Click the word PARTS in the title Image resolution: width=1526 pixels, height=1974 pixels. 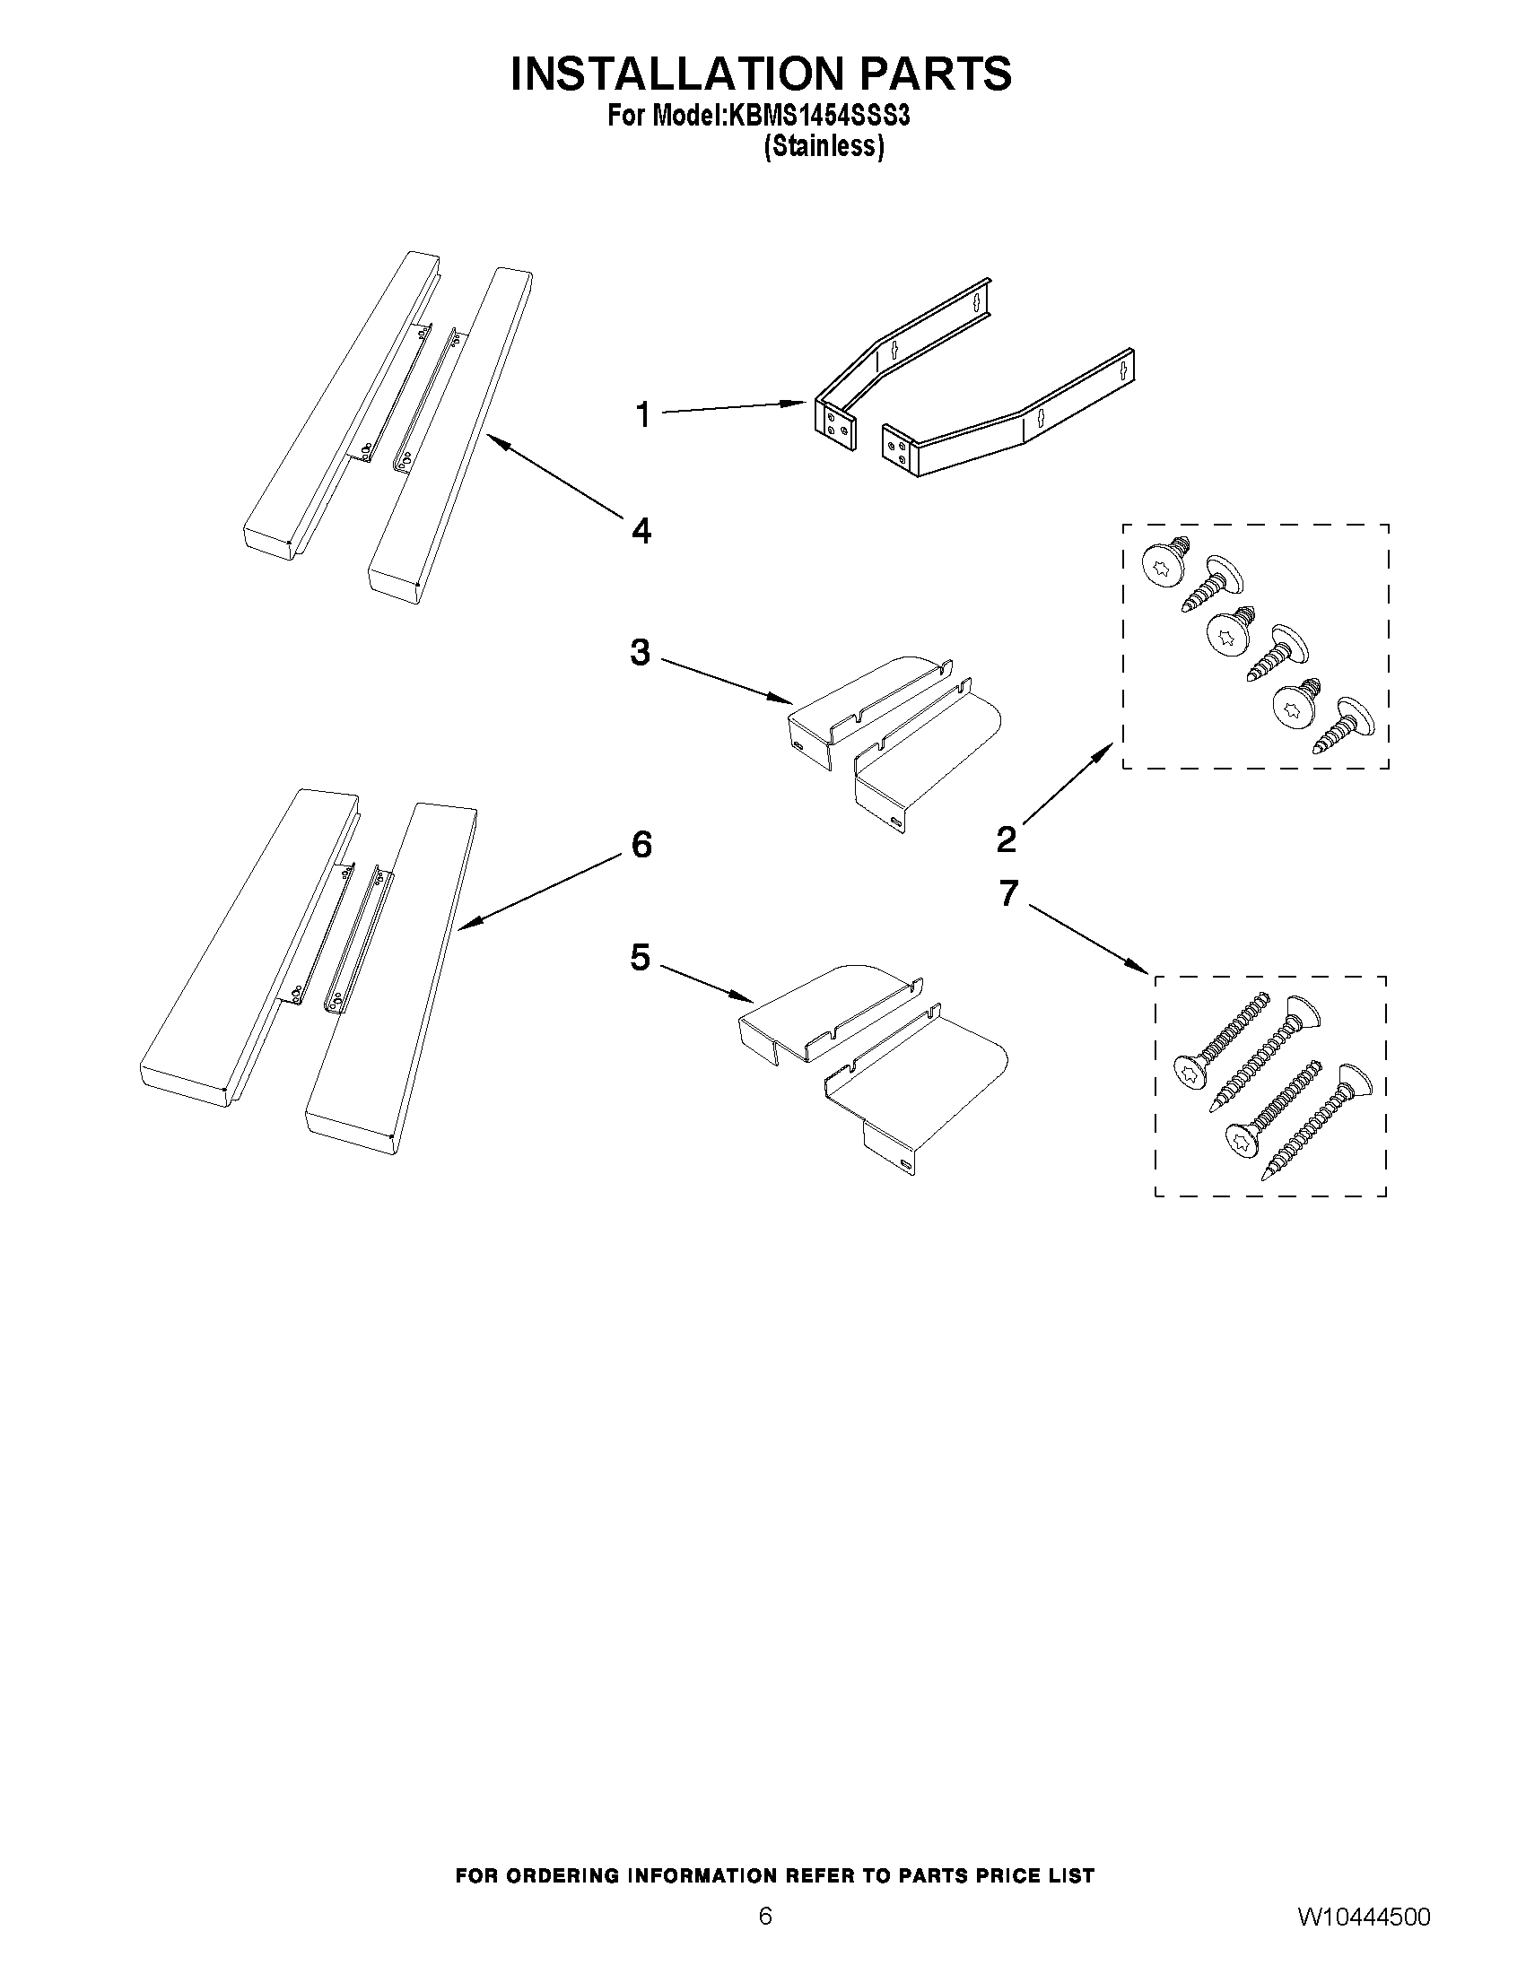click(935, 74)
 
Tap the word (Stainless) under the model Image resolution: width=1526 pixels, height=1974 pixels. click(823, 146)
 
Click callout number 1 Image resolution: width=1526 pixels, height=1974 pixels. click(642, 416)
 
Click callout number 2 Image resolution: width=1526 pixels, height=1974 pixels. click(1007, 839)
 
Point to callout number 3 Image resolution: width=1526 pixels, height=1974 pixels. click(640, 652)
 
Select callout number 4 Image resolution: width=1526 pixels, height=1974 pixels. click(641, 531)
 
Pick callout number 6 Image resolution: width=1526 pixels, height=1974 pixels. click(641, 845)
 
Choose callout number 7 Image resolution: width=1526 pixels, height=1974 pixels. click(1009, 893)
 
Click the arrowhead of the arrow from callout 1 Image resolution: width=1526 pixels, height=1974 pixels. click(799, 403)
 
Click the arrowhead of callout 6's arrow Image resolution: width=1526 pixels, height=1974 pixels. click(462, 926)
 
